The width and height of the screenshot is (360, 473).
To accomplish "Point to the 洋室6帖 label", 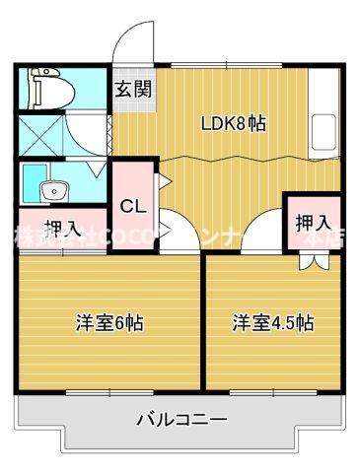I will (109, 322).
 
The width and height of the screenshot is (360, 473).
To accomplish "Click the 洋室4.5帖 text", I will (273, 322).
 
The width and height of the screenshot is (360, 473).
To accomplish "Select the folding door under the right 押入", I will (313, 260).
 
